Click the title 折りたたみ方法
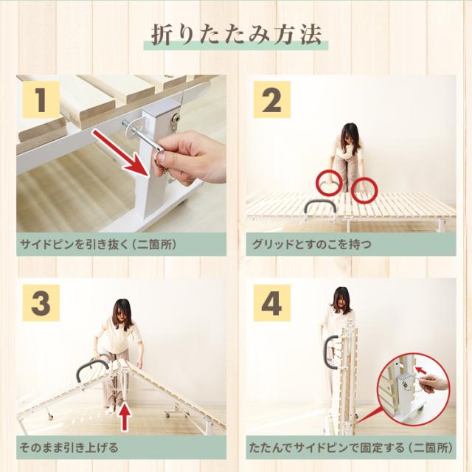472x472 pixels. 236,35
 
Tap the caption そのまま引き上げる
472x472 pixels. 70,447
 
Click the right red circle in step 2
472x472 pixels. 364,190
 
